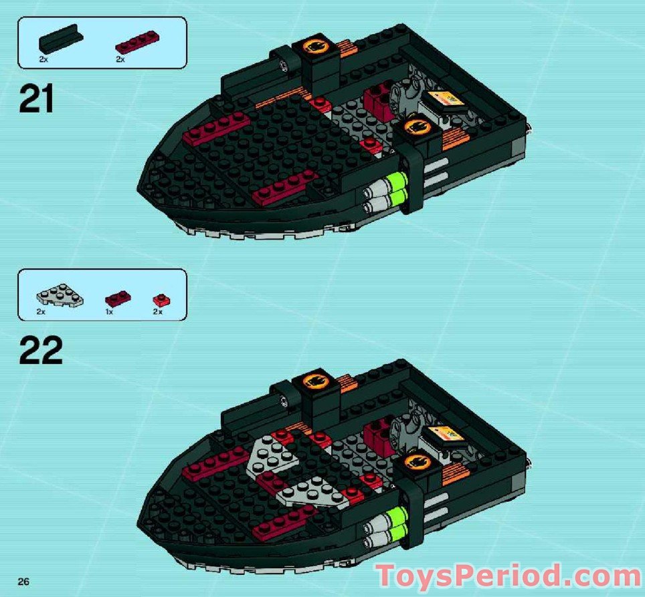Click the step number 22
41,350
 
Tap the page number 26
23,582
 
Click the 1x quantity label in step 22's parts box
109,312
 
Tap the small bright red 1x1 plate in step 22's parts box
159,299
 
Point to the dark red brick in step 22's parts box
118,299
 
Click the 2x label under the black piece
43,59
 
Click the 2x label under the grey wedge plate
41,312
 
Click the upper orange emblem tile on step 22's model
315,382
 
